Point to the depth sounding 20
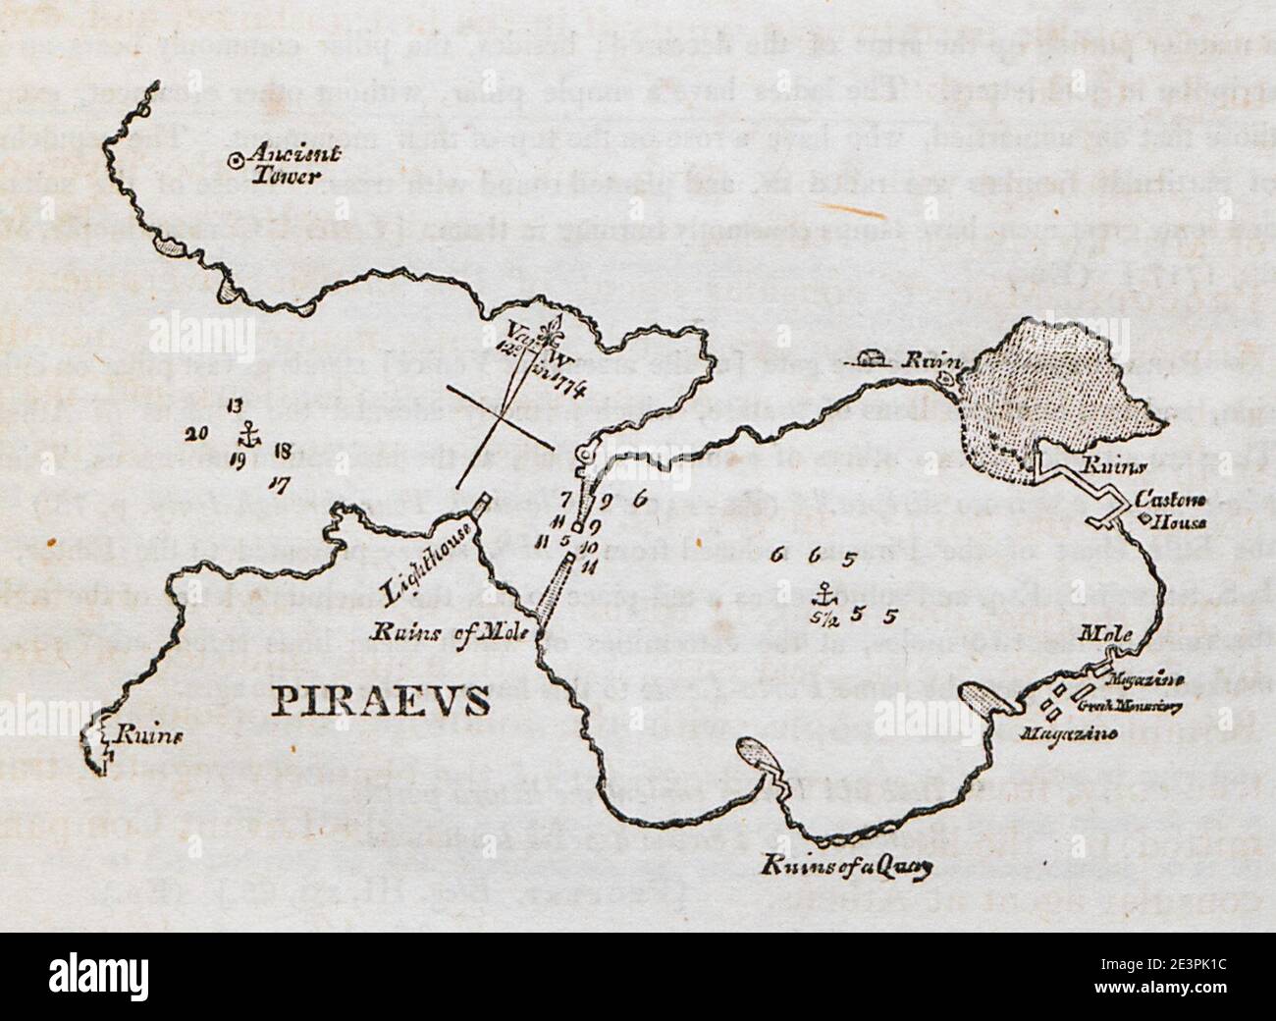[x=195, y=434]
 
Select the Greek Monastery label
[x=1130, y=704]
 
